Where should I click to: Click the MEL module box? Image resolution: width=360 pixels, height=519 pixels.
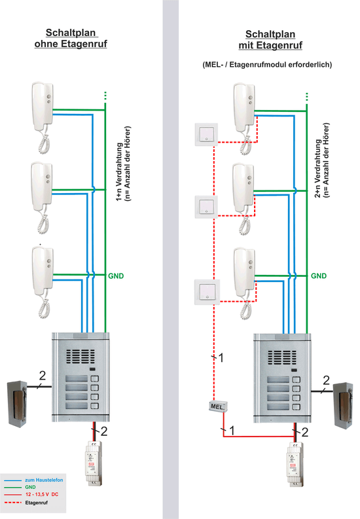218,406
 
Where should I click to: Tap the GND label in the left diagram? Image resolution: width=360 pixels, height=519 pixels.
116,276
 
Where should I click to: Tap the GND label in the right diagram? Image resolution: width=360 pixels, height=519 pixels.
319,276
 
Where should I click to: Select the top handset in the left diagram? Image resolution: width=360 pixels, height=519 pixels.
43,118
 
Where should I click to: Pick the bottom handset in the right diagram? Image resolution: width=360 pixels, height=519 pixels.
245,283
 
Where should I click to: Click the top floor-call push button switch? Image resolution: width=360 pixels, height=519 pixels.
206,134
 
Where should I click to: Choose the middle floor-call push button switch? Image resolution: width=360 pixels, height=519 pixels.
206,207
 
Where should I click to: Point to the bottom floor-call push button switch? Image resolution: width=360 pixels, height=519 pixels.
207,292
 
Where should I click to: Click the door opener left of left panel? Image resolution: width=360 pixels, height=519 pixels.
17,404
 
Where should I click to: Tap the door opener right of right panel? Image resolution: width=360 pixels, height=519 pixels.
343,406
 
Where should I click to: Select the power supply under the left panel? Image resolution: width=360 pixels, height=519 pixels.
94,463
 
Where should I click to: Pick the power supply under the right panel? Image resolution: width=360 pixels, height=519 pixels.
295,465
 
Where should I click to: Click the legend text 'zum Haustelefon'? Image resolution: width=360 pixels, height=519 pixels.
44,480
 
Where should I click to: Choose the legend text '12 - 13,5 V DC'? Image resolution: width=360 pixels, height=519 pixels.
42,494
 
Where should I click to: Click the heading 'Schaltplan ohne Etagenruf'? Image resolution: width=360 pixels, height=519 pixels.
71,38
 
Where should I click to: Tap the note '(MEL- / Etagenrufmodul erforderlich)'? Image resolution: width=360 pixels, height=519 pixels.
267,65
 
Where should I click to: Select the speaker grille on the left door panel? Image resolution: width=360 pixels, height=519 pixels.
80,357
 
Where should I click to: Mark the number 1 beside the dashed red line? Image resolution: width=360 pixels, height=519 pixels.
221,357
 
